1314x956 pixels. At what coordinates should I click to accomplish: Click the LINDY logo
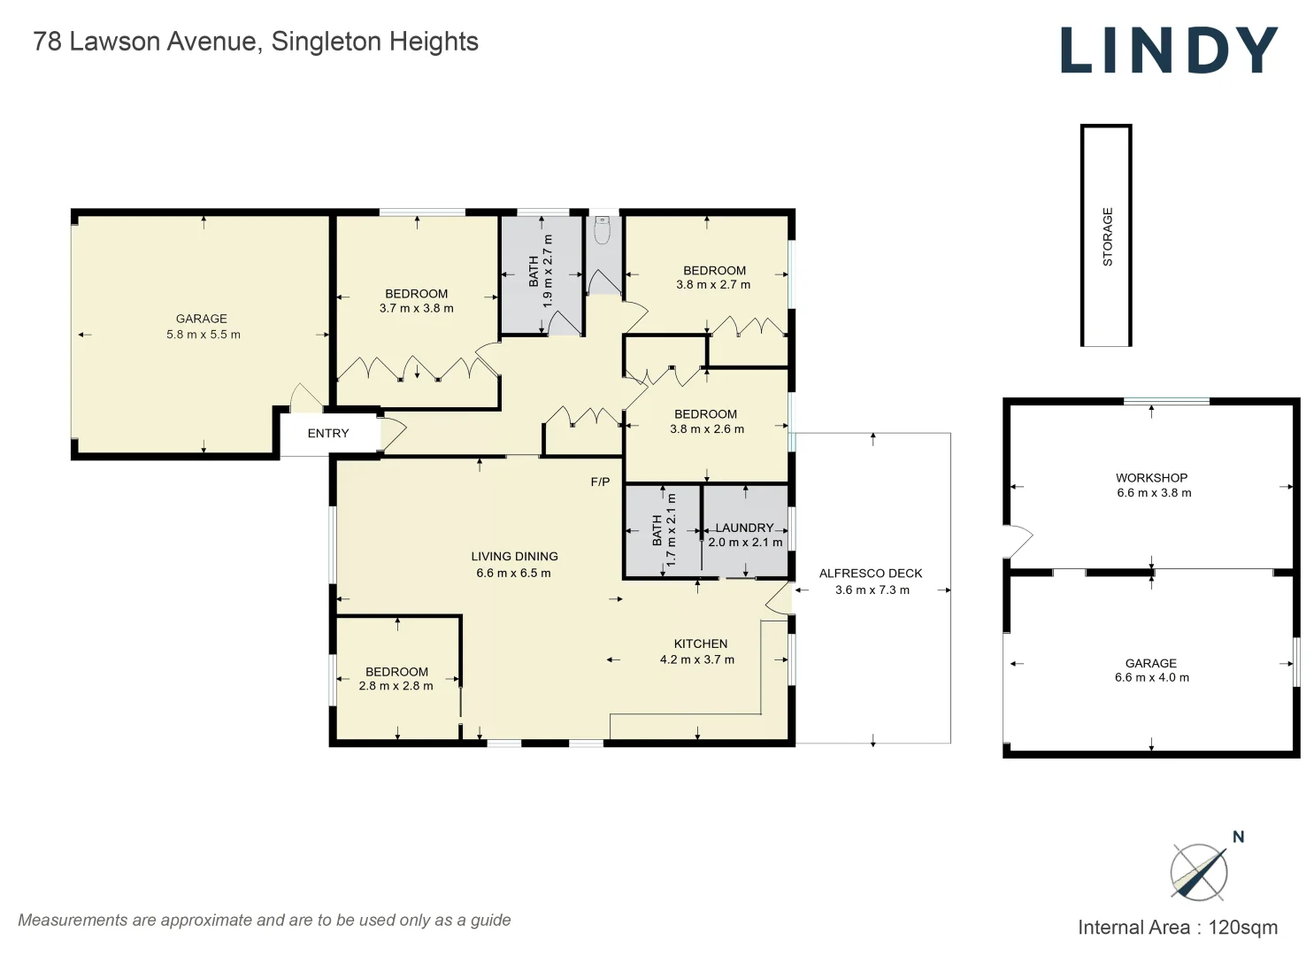[1168, 50]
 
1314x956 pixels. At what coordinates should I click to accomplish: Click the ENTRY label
[328, 434]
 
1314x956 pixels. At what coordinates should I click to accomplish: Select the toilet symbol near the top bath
[603, 230]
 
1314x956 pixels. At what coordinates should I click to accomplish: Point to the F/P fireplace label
[600, 482]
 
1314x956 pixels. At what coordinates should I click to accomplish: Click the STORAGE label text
[1107, 236]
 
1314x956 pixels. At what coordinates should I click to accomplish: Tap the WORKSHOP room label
[1151, 478]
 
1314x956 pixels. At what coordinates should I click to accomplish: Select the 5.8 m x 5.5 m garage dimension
[204, 335]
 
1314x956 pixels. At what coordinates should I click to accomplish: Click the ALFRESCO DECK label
[871, 574]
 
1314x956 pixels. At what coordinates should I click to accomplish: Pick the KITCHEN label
[701, 644]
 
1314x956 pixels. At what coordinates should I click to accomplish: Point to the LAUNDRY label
[744, 528]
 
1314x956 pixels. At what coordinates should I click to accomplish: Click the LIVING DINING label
[514, 557]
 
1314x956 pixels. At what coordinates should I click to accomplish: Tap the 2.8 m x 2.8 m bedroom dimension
[396, 686]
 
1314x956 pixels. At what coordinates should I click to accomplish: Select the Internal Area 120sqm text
[1177, 928]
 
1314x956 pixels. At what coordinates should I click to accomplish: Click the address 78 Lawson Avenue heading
[256, 42]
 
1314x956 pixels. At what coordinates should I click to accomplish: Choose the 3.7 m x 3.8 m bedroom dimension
[416, 308]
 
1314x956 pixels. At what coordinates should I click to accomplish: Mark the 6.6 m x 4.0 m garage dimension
[1151, 678]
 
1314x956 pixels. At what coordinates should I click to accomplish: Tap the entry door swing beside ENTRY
[392, 434]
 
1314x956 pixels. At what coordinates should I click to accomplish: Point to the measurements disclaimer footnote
[265, 921]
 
